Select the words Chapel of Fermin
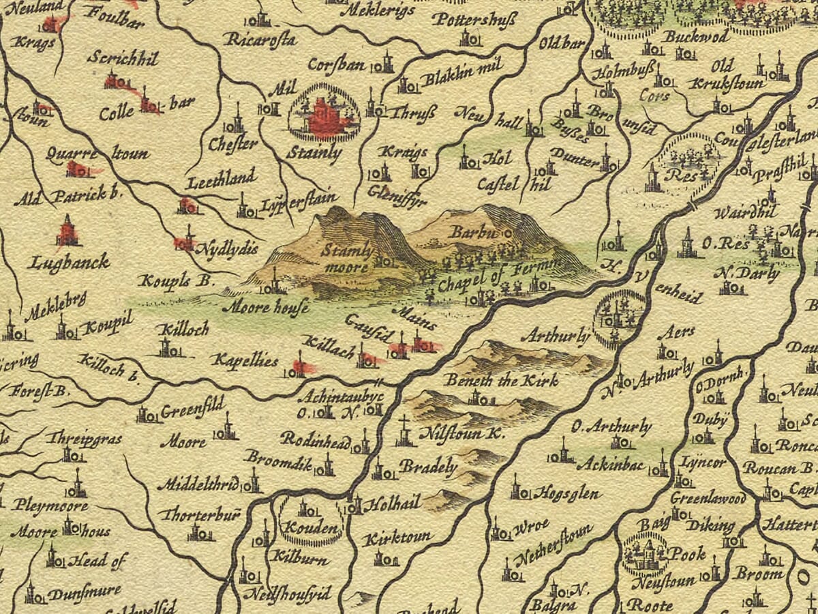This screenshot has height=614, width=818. tap(500, 272)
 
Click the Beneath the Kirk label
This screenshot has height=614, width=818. tap(501, 380)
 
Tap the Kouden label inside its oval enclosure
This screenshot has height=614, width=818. tap(312, 528)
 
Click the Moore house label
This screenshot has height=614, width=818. tap(266, 307)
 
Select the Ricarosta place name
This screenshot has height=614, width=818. tap(260, 40)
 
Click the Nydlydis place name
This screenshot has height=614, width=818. tap(226, 248)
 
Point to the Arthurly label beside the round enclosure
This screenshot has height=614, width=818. tap(554, 336)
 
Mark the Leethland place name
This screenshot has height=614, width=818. tap(221, 178)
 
